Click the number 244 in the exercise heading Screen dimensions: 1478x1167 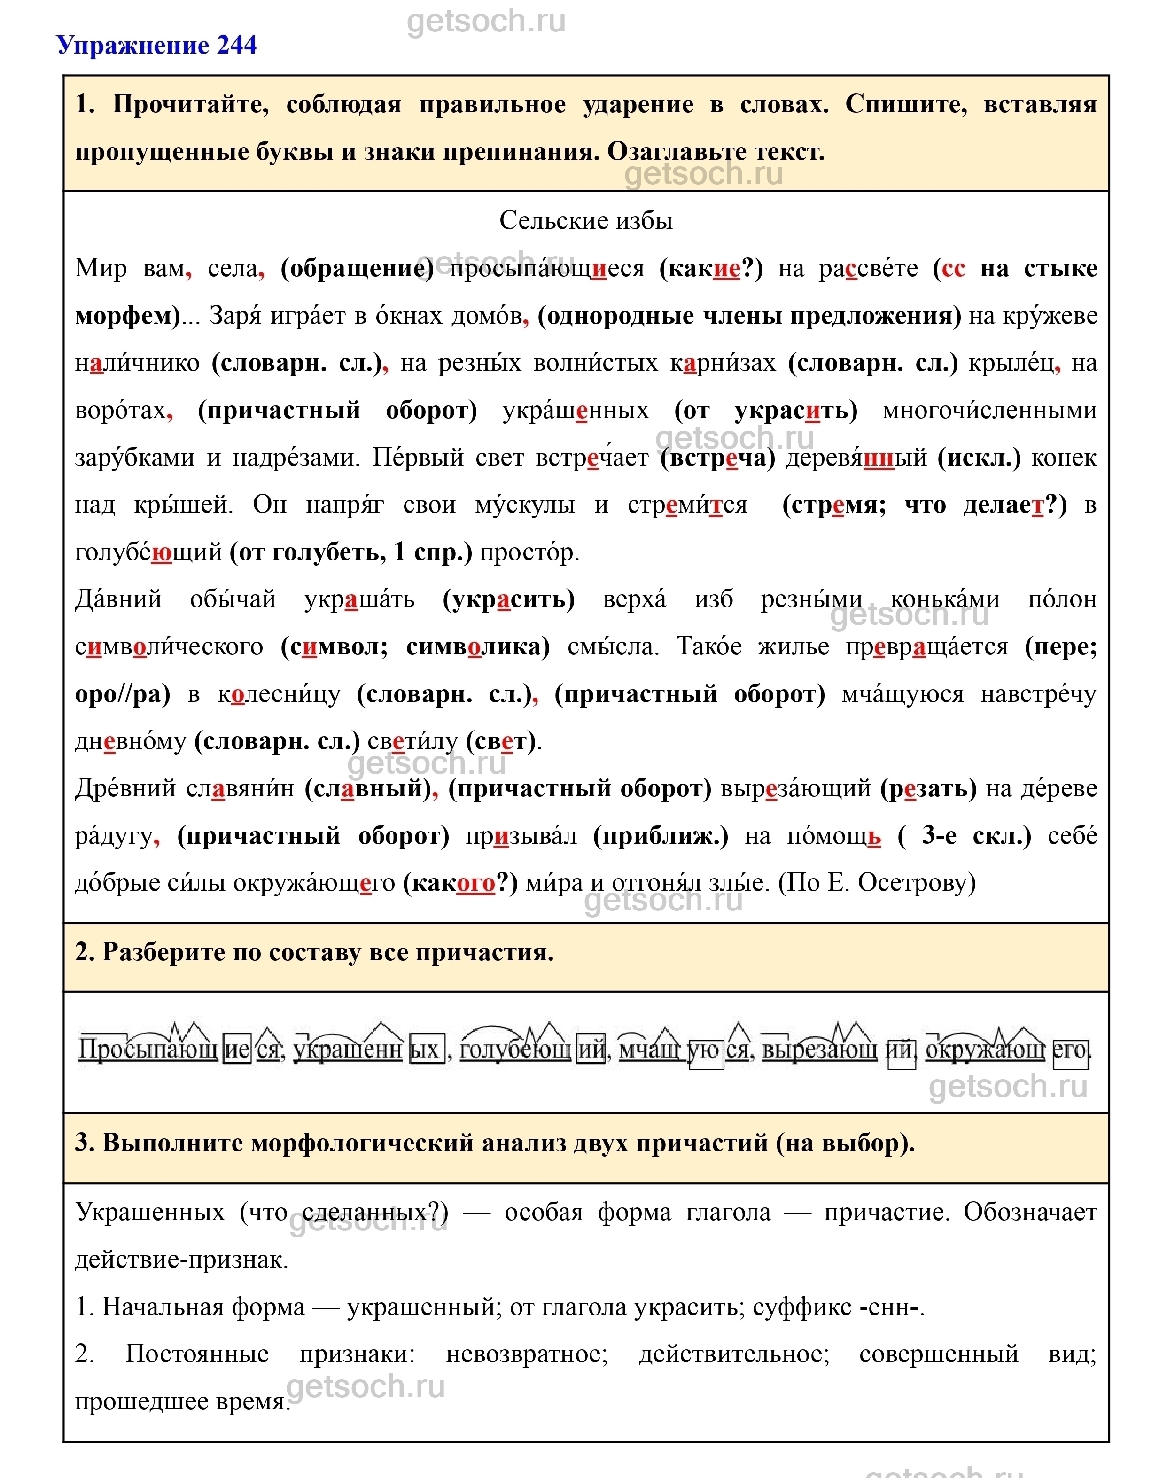(236, 45)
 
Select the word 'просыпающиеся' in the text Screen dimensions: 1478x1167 (546, 269)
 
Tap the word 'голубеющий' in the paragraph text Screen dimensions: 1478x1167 (148, 552)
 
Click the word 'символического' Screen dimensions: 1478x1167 (169, 646)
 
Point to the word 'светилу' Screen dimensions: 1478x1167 (412, 741)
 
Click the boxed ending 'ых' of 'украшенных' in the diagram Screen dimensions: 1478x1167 (427, 1050)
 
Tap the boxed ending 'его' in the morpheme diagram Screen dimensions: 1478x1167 (1069, 1050)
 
